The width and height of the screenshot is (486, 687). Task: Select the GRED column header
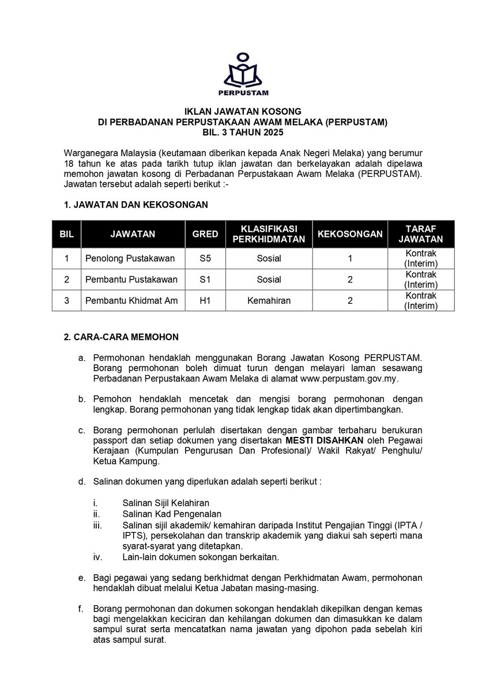point(205,234)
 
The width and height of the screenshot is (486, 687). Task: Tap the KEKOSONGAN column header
point(350,234)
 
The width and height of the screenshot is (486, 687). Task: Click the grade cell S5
point(205,259)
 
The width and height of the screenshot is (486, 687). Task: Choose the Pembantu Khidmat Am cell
point(131,300)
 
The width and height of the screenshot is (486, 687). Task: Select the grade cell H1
point(205,300)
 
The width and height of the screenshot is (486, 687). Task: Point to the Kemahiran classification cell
point(269,300)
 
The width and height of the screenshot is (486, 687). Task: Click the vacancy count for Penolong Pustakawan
point(350,259)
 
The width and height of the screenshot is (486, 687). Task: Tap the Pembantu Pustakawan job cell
point(131,280)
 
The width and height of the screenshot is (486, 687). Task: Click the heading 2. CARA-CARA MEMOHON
point(121,337)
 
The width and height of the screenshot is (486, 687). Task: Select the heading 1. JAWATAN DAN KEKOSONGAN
point(135,205)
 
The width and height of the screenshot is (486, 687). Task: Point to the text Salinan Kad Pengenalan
point(172,514)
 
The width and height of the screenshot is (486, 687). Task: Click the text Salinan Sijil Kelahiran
point(166,503)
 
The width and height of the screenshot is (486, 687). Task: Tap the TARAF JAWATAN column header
point(420,234)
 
